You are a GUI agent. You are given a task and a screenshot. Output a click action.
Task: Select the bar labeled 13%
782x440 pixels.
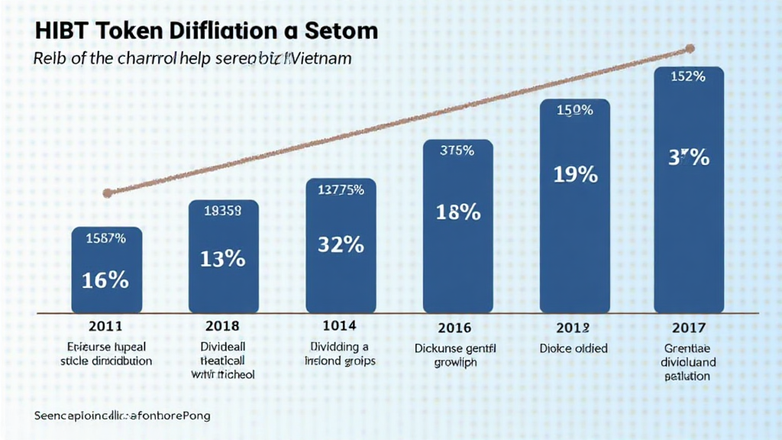click(223, 257)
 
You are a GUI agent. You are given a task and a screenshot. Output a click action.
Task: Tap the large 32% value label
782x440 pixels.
click(340, 244)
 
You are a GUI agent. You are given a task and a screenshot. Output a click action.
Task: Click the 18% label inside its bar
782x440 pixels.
click(457, 212)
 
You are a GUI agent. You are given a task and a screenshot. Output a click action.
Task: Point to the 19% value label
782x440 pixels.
click(575, 174)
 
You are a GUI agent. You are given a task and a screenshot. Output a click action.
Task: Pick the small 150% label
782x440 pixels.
click(575, 110)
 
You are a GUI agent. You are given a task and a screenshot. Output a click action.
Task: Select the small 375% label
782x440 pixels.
click(457, 150)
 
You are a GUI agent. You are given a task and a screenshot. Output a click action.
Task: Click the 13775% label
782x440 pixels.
click(340, 190)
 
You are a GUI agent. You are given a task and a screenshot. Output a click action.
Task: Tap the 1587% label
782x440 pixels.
click(106, 238)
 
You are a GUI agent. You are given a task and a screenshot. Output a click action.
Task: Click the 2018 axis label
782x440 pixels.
click(223, 327)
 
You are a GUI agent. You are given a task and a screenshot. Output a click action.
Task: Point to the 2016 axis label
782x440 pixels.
click(457, 328)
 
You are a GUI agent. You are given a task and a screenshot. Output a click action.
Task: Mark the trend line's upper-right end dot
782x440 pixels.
click(690, 49)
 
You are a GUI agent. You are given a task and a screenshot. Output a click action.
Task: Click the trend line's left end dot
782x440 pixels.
click(107, 192)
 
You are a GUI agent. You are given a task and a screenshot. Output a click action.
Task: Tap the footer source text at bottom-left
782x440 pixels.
click(122, 416)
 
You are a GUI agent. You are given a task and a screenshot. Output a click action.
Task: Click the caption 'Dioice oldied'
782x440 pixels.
click(574, 348)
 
